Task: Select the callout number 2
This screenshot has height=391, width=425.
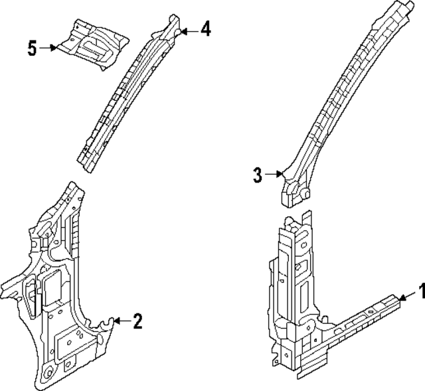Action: pos(137,322)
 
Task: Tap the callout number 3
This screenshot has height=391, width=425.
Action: pos(258,175)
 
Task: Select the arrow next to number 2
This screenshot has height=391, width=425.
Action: pos(122,322)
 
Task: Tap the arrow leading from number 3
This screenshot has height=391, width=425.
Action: pos(274,175)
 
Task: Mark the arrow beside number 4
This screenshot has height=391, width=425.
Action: pos(189,30)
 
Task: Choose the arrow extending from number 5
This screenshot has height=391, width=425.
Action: pos(49,48)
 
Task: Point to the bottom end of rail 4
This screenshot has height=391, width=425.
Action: pos(84,159)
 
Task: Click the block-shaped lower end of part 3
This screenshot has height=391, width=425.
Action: pos(294,195)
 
